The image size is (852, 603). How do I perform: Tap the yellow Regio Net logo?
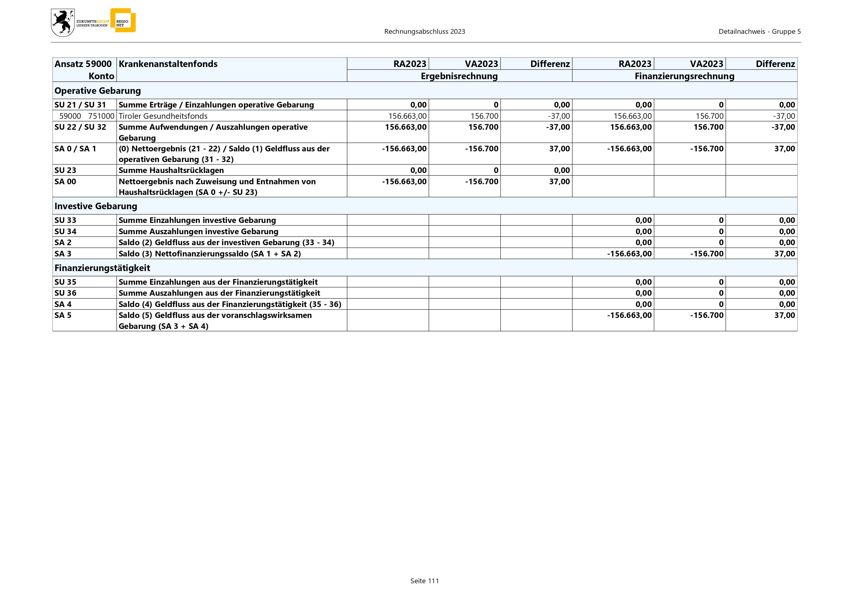[x=123, y=20]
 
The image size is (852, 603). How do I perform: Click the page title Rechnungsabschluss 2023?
[x=424, y=32]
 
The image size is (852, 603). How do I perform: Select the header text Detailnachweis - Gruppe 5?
[x=759, y=32]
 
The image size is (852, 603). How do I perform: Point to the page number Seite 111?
[x=424, y=581]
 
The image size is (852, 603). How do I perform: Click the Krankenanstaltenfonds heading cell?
[x=168, y=64]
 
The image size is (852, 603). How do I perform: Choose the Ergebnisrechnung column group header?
[x=459, y=76]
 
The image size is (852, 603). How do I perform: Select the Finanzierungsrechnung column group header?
[x=684, y=76]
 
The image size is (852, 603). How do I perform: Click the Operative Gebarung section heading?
[x=98, y=90]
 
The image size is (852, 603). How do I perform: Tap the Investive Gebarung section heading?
[x=96, y=206]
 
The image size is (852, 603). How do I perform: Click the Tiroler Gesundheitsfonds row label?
[x=163, y=116]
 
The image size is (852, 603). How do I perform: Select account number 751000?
[x=101, y=116]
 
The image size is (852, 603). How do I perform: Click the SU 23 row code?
[x=65, y=170]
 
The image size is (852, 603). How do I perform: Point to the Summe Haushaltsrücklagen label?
[x=171, y=170]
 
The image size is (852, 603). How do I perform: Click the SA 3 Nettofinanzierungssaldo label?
[x=209, y=254]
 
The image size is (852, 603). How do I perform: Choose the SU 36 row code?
[x=65, y=293]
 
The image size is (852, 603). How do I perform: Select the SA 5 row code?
[x=63, y=315]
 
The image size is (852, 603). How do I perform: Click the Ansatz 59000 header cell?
[x=83, y=64]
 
